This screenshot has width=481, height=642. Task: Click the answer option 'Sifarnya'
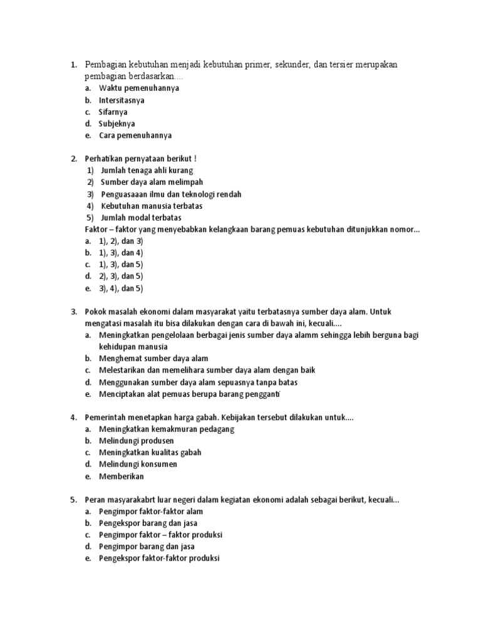(x=113, y=112)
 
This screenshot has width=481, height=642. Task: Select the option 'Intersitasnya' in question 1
(x=122, y=100)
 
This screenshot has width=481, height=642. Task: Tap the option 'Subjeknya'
(x=116, y=124)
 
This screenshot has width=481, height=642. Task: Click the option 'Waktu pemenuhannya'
(x=138, y=88)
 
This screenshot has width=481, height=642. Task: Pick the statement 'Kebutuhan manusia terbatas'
(x=152, y=206)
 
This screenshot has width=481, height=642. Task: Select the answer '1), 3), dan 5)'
(x=121, y=265)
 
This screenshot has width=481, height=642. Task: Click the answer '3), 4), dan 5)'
(x=121, y=288)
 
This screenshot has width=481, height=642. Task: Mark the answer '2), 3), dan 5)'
(x=121, y=276)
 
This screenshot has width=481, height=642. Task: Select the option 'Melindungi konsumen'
(x=138, y=465)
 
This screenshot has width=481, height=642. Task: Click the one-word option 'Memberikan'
(x=121, y=476)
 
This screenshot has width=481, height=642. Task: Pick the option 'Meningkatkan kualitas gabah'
(x=150, y=453)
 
